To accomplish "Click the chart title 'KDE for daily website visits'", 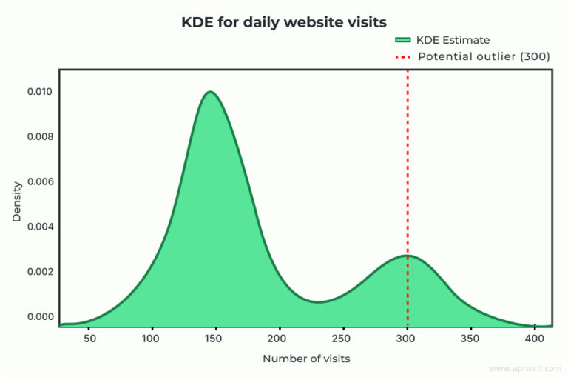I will [284, 22].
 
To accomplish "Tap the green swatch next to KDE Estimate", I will [403, 40].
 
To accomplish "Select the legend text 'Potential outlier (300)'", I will [484, 56].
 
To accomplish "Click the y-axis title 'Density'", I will [17, 202].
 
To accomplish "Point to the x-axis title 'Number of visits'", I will [306, 359].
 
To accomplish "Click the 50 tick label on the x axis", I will [89, 339].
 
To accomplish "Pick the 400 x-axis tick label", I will [534, 339].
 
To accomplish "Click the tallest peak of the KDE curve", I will [211, 93].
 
